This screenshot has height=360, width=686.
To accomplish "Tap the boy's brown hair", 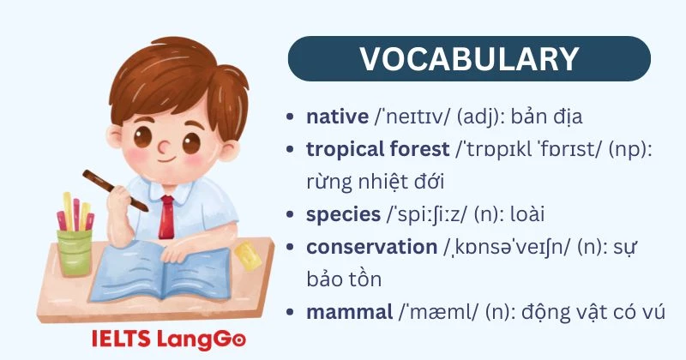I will (x=172, y=81).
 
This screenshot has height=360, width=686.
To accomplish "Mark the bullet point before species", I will (x=294, y=214).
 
